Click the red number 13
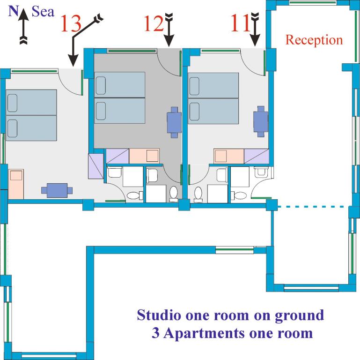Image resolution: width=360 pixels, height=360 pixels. click(x=71, y=24)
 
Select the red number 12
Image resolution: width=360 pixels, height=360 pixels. click(x=153, y=24)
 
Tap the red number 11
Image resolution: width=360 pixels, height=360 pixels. click(x=240, y=24)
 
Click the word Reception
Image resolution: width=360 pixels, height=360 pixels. click(x=314, y=40)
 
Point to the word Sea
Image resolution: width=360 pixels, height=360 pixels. click(x=44, y=11)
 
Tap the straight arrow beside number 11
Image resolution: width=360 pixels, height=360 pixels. click(x=255, y=31)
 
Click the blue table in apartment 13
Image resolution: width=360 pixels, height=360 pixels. click(x=57, y=190)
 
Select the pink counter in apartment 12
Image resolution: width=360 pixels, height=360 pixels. click(x=144, y=156)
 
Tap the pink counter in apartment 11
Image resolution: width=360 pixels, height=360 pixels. click(x=229, y=156)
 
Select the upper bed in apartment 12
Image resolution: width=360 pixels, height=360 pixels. click(x=120, y=85)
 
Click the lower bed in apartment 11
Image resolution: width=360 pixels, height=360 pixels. click(x=213, y=111)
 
